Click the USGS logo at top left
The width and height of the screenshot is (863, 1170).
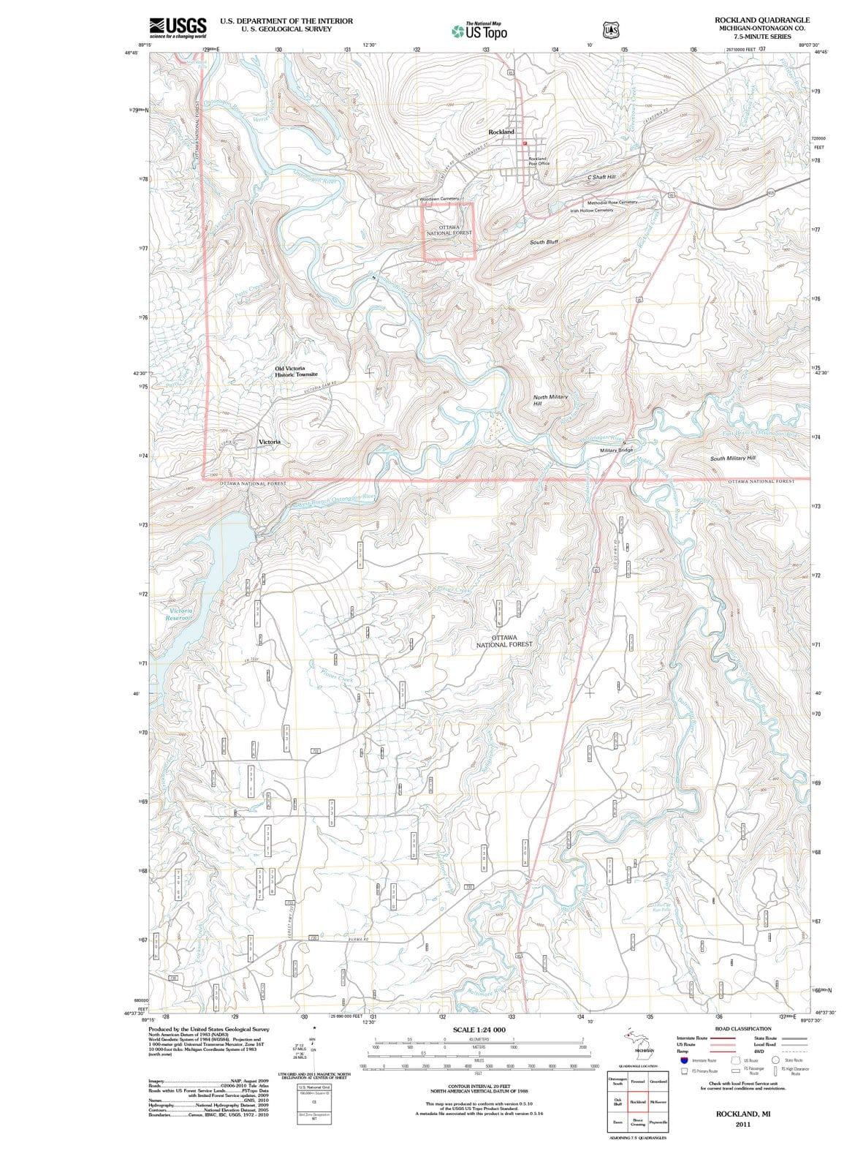coord(178,27)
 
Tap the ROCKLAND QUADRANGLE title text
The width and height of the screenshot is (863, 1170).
coord(764,20)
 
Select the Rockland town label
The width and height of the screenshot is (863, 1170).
coord(501,132)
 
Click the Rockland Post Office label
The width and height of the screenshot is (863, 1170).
coord(539,161)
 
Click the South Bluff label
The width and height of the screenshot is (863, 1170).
coord(544,241)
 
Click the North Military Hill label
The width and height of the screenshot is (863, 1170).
coord(550,399)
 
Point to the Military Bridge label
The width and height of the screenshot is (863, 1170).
coord(616,450)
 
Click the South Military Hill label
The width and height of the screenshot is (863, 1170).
coord(733,458)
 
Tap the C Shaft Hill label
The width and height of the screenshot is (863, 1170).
coord(601,177)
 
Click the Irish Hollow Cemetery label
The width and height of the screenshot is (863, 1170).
coord(591,211)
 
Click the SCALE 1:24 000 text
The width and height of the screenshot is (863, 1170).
coord(479,1029)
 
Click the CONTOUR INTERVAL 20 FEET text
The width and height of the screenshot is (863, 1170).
coord(479,1087)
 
